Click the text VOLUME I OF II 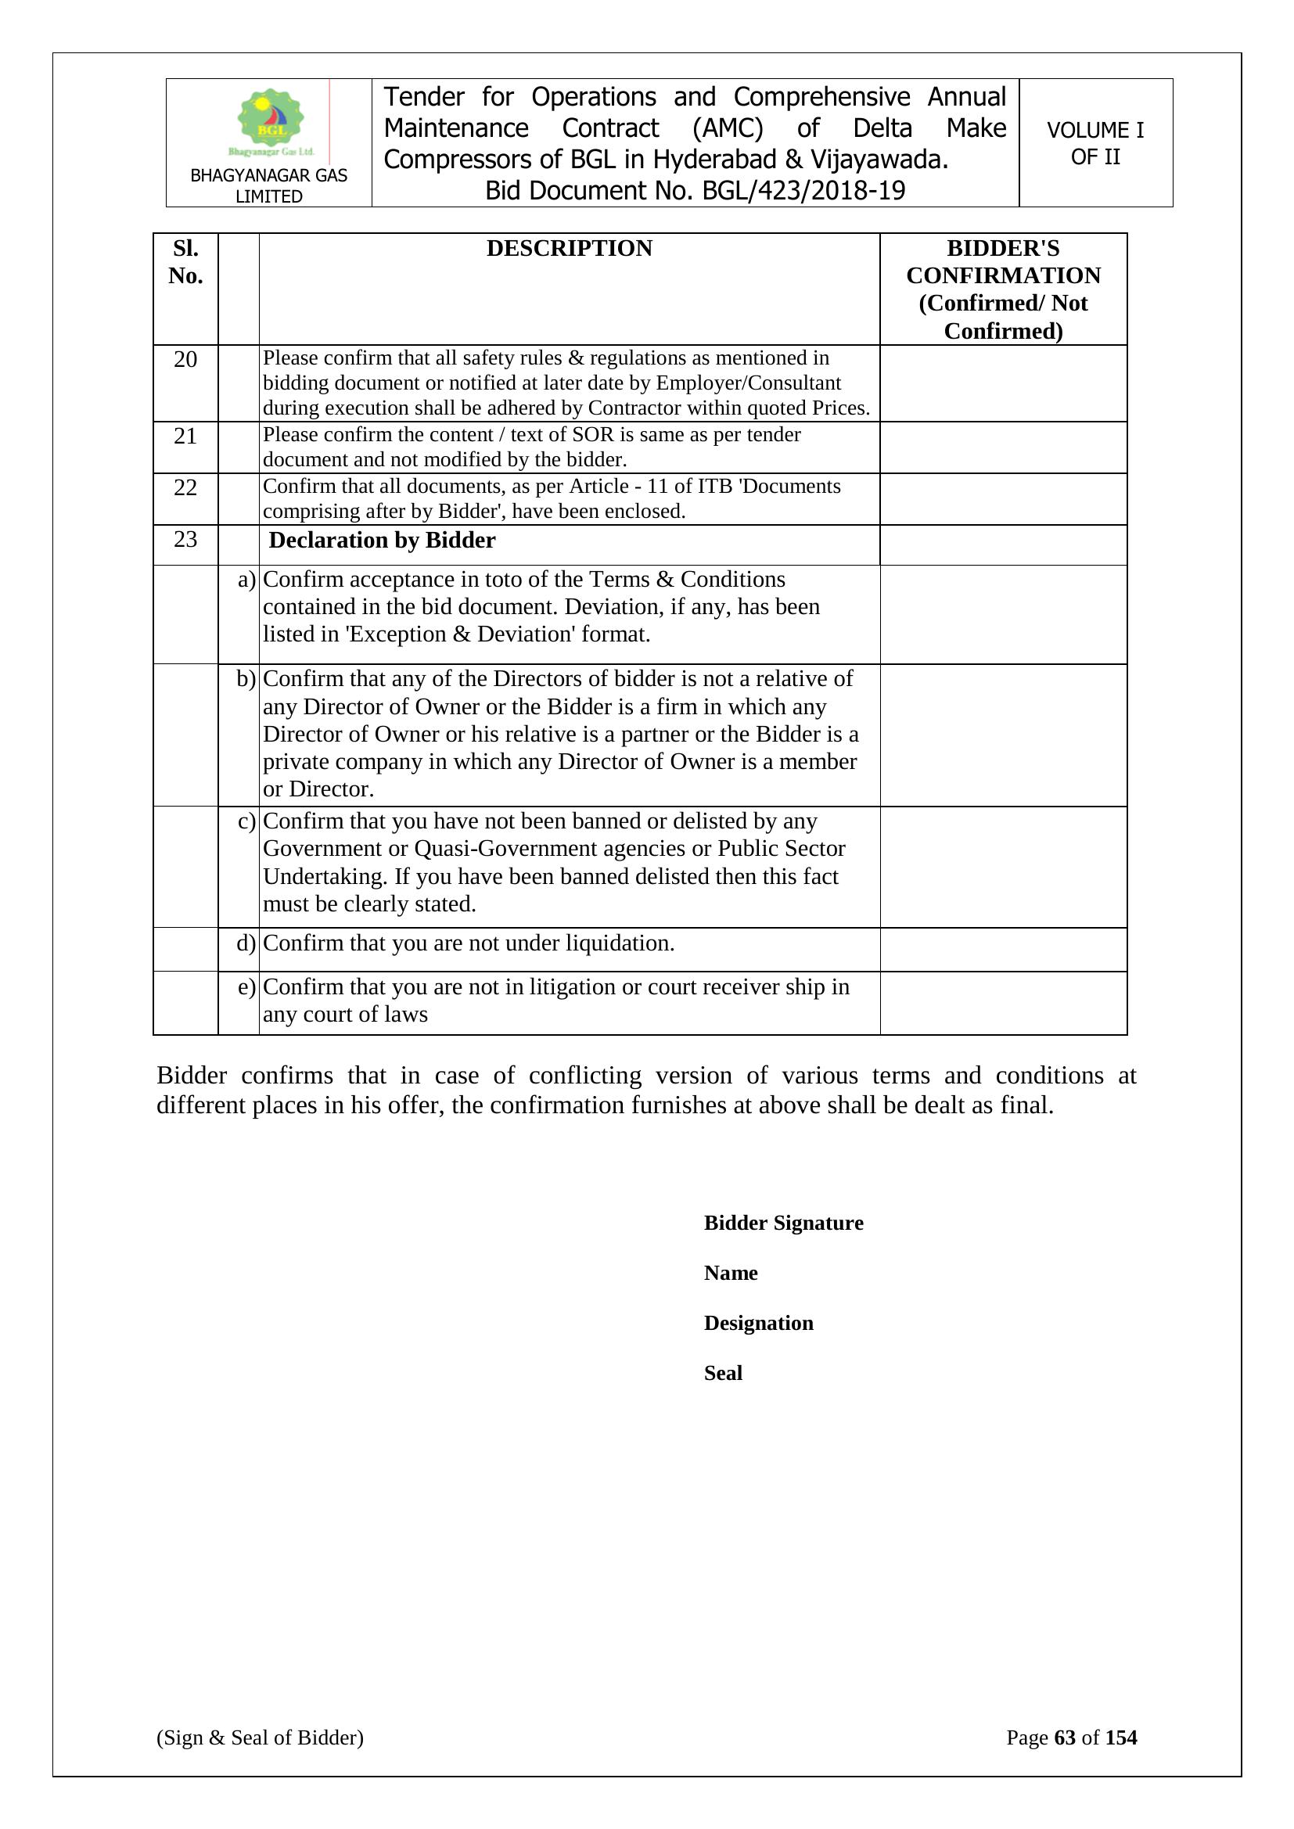(1095, 143)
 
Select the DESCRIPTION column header (569, 249)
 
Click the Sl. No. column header (185, 262)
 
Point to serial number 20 (185, 359)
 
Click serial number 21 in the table (185, 436)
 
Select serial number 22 (185, 487)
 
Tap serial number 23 (185, 539)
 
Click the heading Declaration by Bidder (383, 540)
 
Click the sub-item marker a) (246, 579)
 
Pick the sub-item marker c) (246, 821)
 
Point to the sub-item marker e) (246, 987)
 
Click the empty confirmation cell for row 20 (1002, 383)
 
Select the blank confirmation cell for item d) (1002, 949)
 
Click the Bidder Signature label (783, 1223)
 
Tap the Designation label (759, 1323)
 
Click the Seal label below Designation (723, 1373)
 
